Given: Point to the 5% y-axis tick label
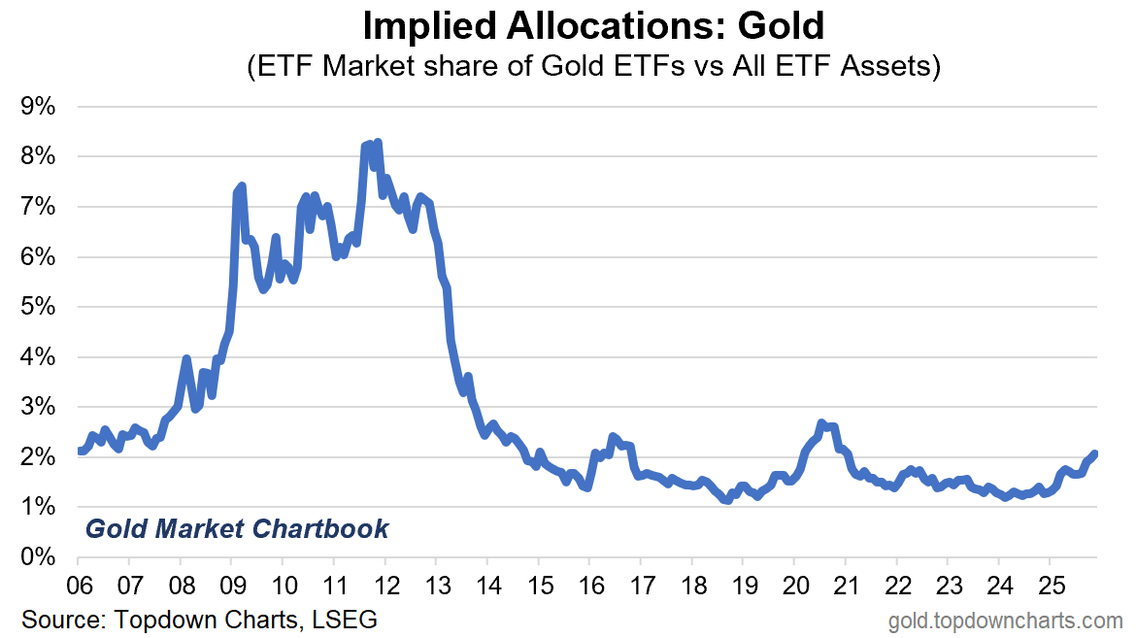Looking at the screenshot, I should click(x=40, y=307).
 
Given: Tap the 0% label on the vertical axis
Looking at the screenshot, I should click(x=40, y=557).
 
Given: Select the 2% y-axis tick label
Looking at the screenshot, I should click(x=40, y=457).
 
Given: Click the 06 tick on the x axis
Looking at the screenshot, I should click(x=78, y=588).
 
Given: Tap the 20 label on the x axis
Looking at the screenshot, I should click(x=794, y=588).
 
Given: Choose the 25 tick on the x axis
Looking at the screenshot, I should click(x=1050, y=588).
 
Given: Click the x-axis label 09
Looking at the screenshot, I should click(x=231, y=588).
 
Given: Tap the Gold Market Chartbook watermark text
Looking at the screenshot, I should click(x=237, y=529).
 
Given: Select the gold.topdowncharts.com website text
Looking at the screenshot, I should click(x=1005, y=620).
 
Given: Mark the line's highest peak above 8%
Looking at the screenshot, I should click(x=377, y=143).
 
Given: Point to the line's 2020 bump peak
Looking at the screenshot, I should click(x=821, y=423).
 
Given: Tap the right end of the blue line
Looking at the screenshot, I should click(x=1095, y=453).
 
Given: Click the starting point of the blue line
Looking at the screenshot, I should click(x=79, y=451).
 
